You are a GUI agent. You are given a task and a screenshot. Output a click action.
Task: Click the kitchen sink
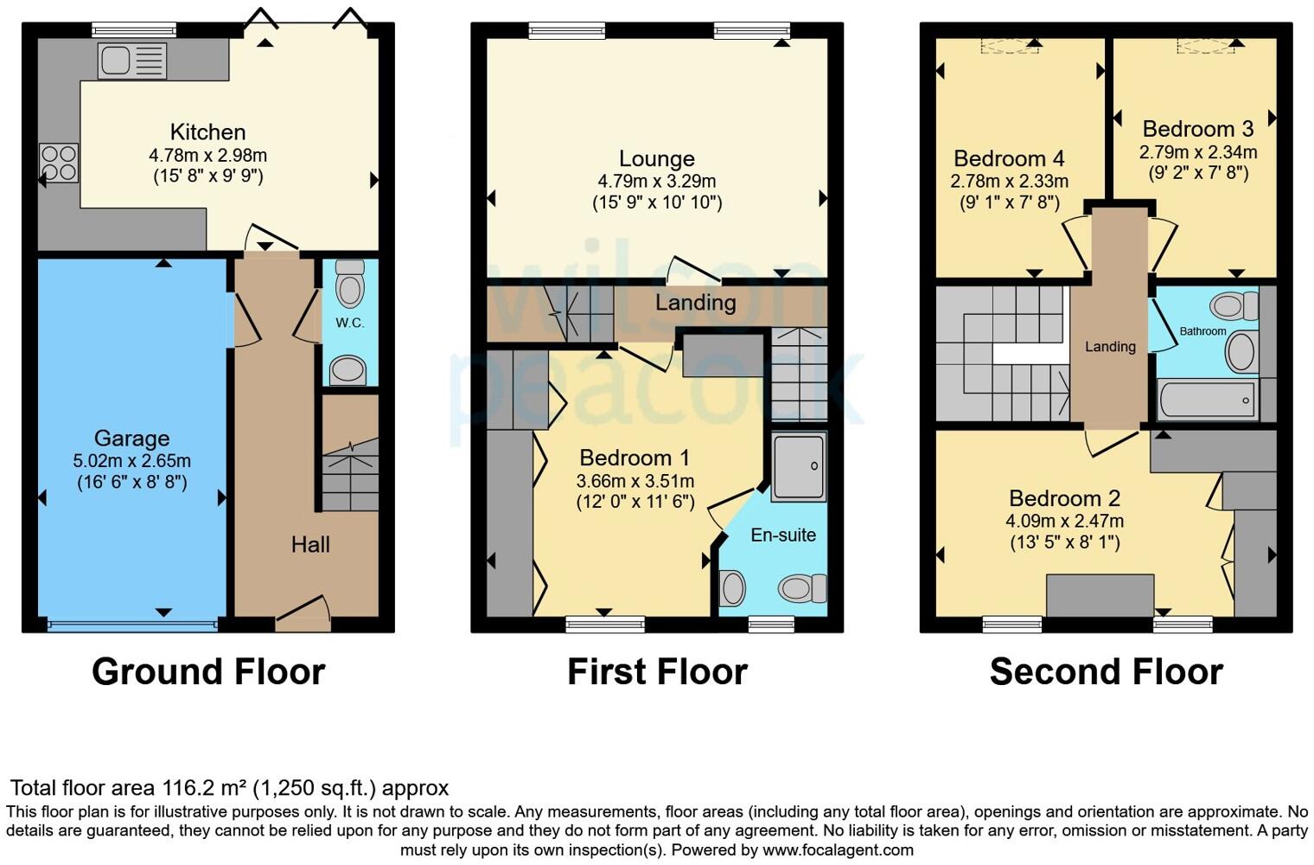[131, 61]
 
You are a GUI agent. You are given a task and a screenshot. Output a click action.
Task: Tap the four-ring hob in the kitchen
[59, 163]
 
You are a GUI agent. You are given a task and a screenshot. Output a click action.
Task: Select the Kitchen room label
[207, 132]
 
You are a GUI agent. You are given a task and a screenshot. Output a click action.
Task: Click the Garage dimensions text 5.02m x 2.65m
[131, 461]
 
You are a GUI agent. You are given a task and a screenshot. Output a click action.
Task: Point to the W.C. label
[350, 323]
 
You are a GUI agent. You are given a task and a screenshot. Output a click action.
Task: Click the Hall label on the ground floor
[310, 544]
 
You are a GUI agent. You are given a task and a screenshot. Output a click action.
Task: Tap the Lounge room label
[656, 159]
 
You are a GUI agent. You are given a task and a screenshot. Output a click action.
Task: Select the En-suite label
[783, 535]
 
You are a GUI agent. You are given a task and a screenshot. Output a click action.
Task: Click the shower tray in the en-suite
[798, 467]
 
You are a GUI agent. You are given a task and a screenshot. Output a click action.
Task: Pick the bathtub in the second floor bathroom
[1207, 400]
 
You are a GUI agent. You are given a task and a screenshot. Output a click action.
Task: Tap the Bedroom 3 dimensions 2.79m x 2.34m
[1197, 152]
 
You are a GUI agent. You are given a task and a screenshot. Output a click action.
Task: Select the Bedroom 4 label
[1009, 159]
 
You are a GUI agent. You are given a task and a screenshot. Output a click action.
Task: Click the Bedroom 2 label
[1064, 499]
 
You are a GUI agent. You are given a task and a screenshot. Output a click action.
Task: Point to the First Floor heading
[657, 672]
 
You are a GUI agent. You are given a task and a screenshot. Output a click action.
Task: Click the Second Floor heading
[1106, 672]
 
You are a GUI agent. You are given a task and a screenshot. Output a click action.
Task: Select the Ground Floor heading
[208, 672]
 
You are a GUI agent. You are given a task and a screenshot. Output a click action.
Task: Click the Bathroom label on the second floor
[1202, 331]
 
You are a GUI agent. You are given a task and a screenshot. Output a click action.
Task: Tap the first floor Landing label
[695, 303]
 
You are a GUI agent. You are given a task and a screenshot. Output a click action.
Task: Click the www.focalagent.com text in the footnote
[838, 849]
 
